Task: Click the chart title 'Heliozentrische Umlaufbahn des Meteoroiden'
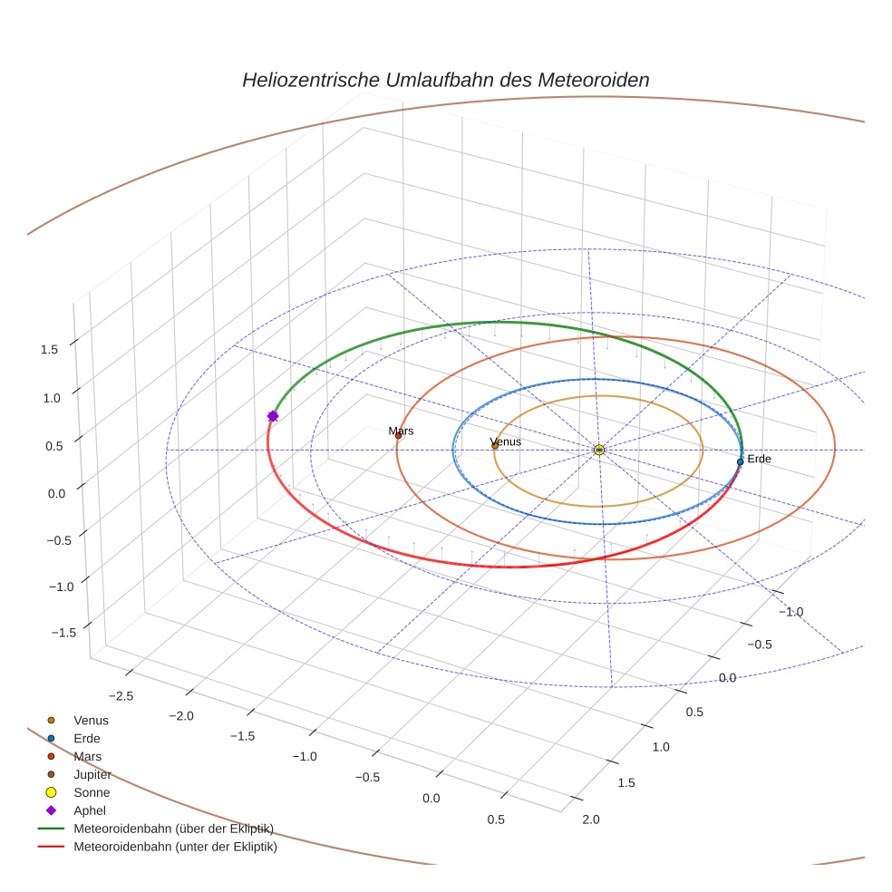445,80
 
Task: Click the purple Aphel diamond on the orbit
272,416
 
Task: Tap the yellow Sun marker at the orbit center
598,450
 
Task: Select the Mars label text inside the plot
401,431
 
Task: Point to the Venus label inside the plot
505,441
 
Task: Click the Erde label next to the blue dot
759,460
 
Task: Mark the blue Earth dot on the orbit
740,461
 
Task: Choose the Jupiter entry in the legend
92,774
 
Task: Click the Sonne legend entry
92,792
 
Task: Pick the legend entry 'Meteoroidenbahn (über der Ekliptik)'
173,829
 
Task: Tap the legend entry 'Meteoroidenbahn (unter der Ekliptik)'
175,847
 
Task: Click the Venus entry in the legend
91,720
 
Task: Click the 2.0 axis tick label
590,819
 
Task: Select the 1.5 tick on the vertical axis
50,349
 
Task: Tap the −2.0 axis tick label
181,715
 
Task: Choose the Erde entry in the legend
87,738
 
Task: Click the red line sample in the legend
51,847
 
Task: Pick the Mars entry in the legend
87,756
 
